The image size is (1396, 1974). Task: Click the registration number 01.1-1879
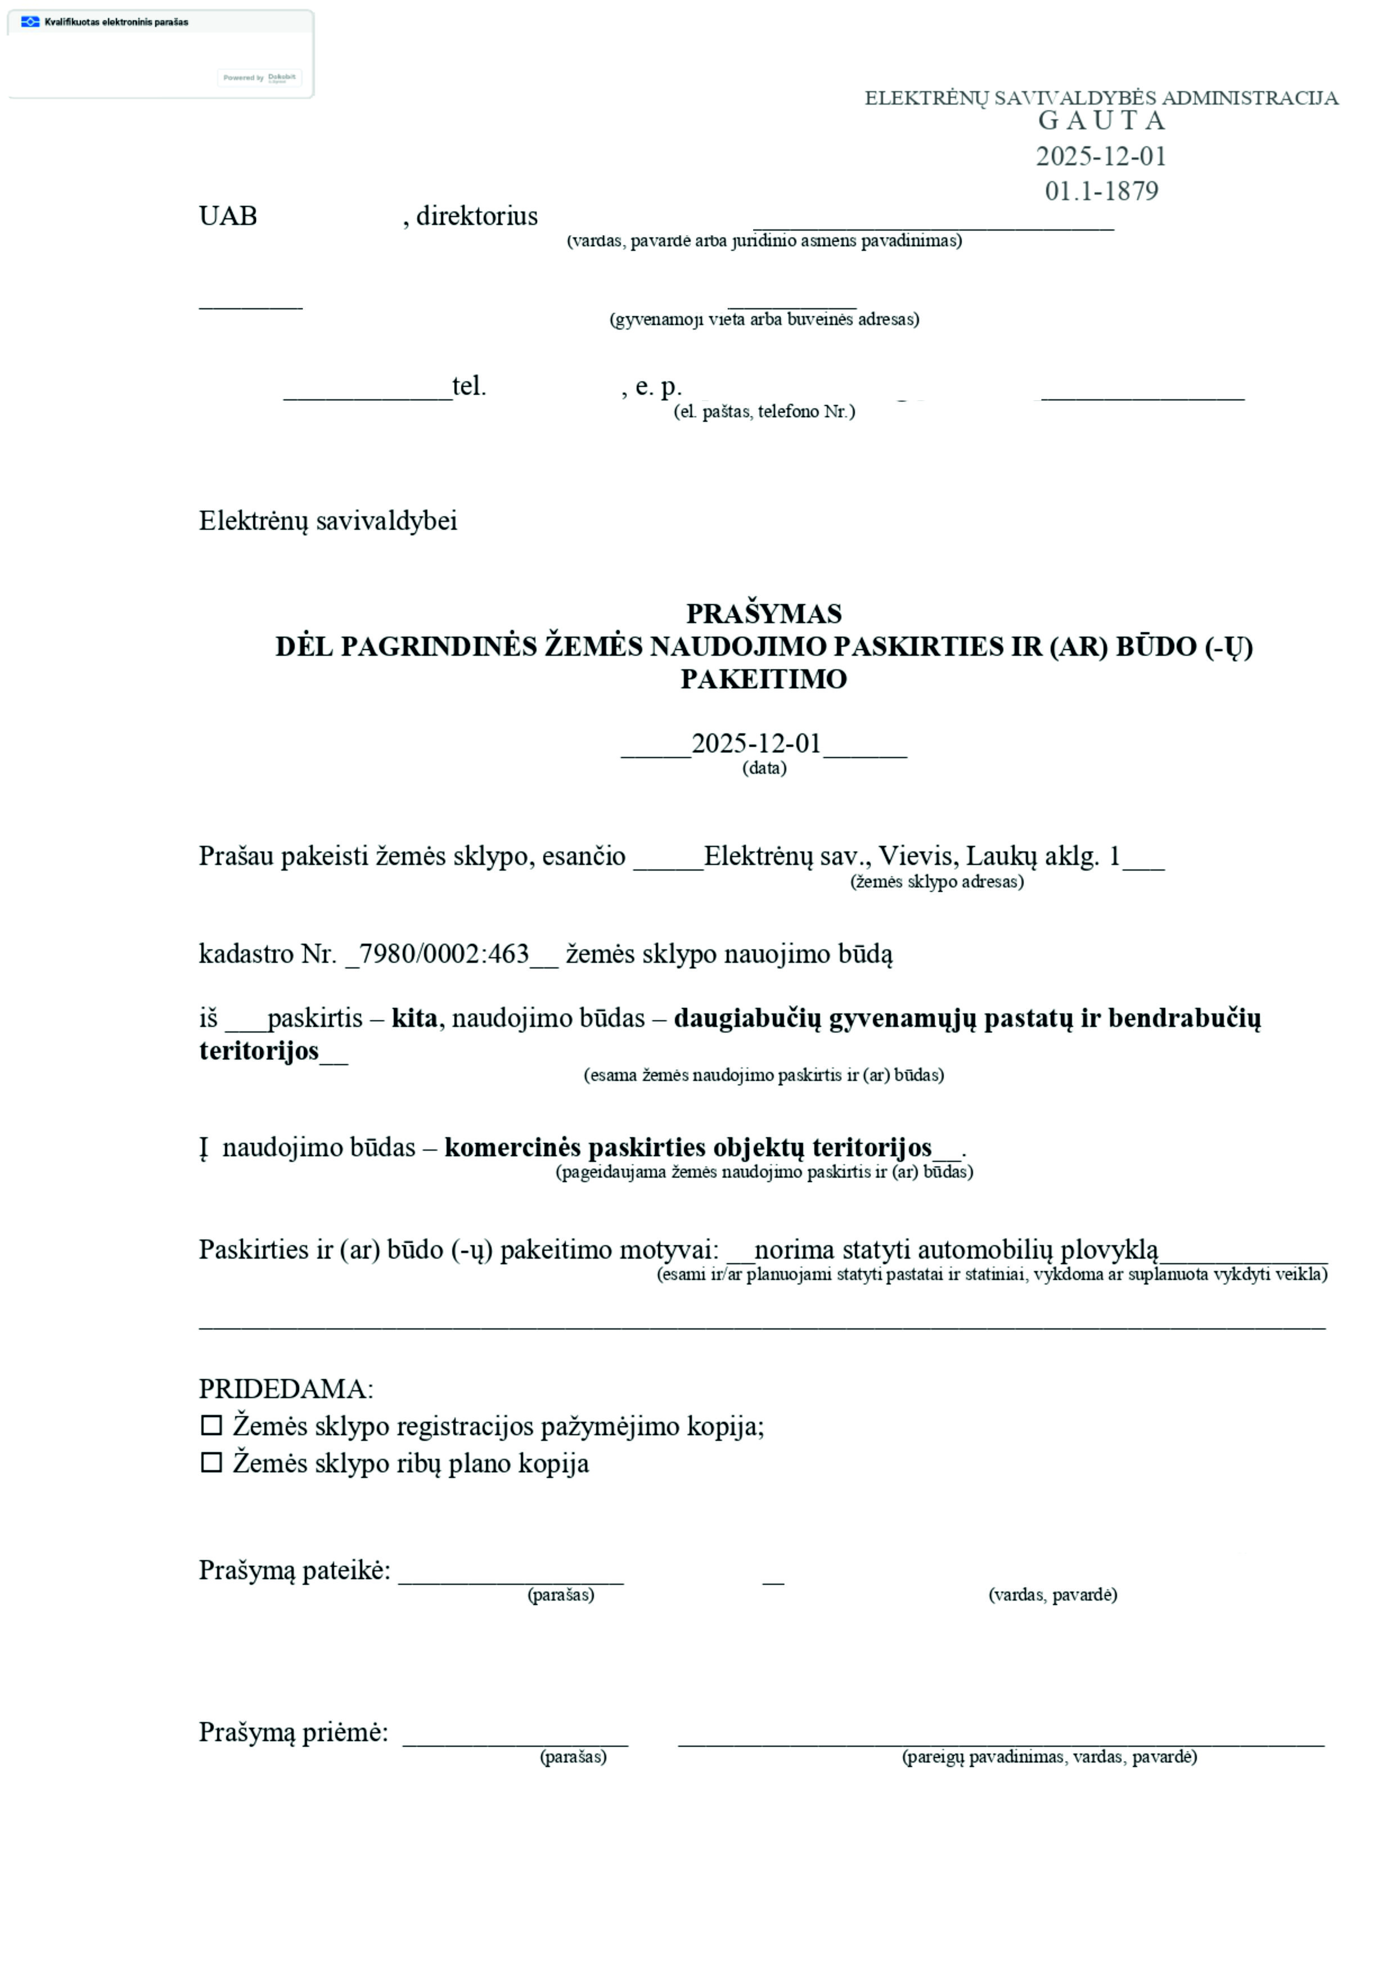[1101, 191]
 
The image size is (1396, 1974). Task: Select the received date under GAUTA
[1101, 156]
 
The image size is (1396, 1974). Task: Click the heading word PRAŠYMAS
[763, 614]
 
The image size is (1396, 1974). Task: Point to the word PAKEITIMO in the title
[763, 679]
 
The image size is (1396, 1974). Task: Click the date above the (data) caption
[756, 743]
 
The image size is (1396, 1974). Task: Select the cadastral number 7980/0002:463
[444, 954]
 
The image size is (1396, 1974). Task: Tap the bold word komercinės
[513, 1148]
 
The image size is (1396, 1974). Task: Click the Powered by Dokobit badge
[259, 78]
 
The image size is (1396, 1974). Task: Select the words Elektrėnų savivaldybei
[327, 521]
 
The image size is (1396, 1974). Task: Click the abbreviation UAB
[228, 216]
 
